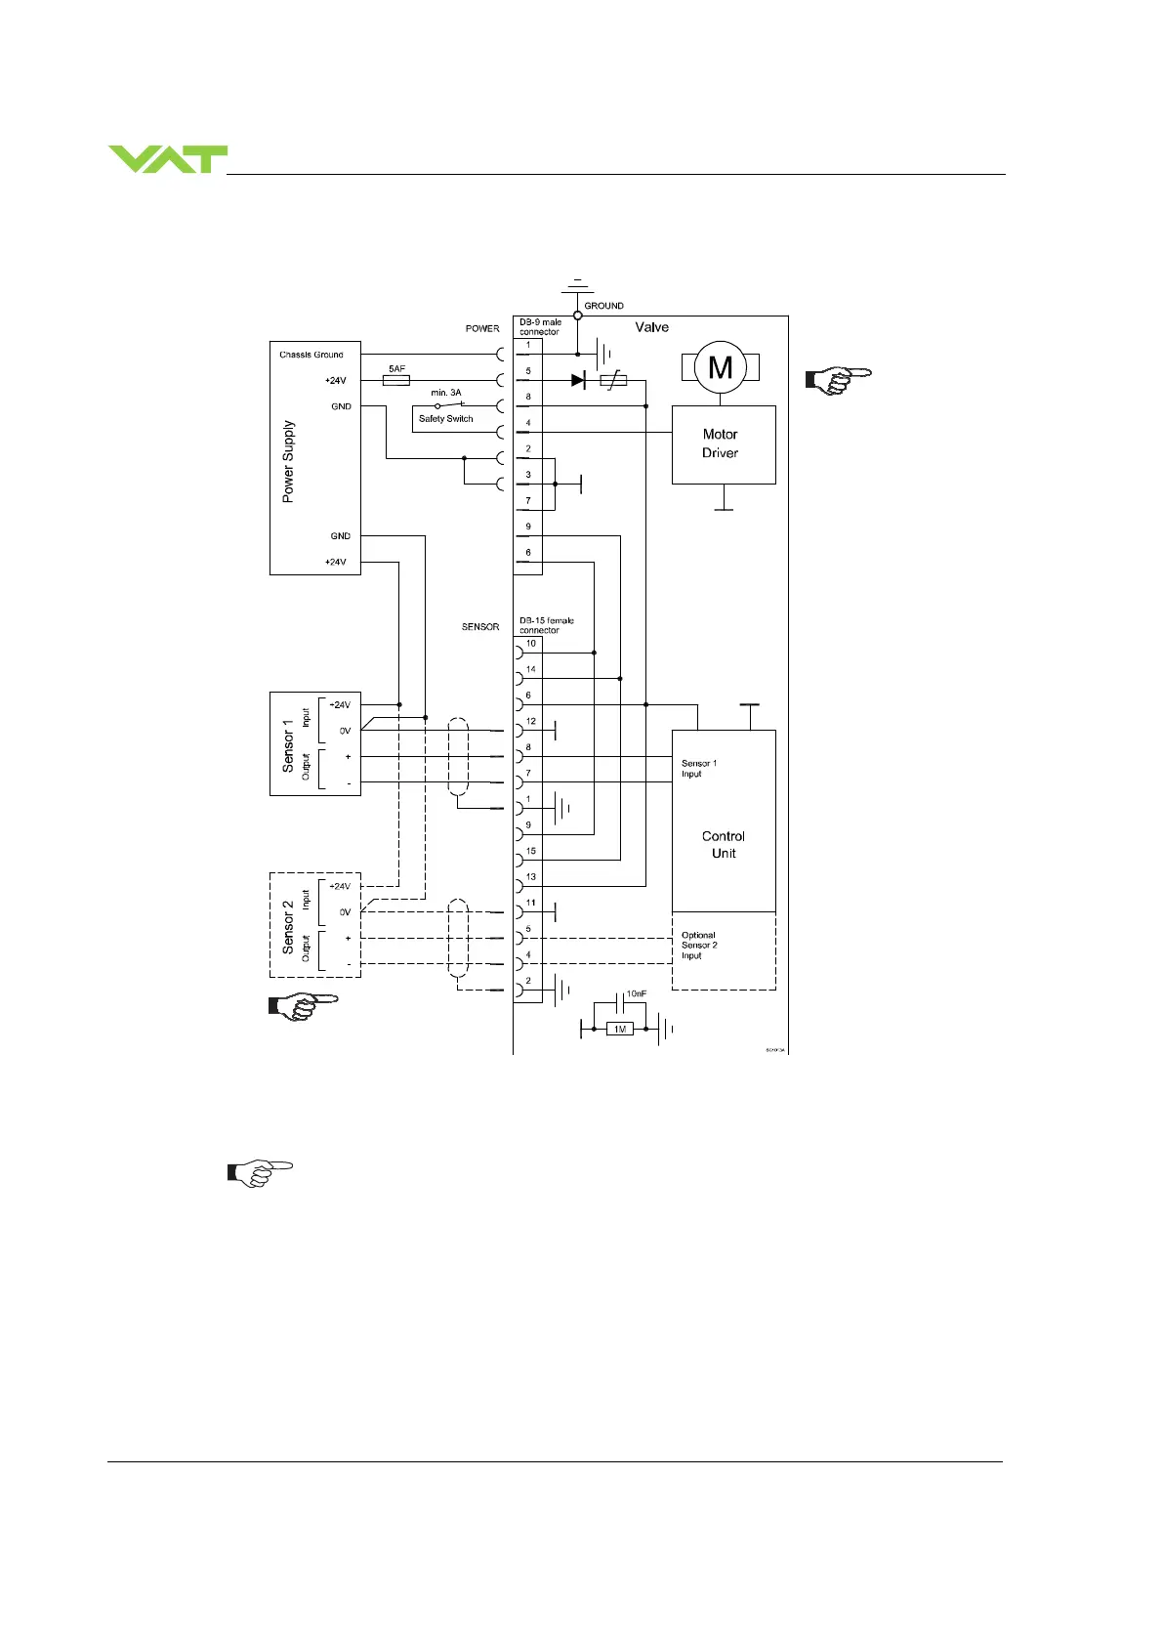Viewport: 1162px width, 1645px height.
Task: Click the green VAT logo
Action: tap(167, 159)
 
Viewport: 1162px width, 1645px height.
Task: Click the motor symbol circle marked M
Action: tap(720, 367)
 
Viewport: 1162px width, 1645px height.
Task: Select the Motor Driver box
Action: tap(723, 444)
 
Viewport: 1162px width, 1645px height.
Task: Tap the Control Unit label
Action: tap(723, 844)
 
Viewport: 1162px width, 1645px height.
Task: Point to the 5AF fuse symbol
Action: tap(396, 380)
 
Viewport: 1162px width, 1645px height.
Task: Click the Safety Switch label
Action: tap(445, 418)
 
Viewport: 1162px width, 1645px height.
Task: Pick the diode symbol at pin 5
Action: tap(578, 380)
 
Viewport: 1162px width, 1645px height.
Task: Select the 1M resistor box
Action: tap(619, 1029)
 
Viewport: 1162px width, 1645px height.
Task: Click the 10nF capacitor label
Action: tap(636, 993)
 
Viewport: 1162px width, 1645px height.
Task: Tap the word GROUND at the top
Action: tap(603, 306)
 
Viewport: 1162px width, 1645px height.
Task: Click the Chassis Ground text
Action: tap(311, 355)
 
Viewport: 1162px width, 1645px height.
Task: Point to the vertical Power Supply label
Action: tap(288, 461)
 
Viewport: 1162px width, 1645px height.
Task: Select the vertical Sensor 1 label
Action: tap(288, 745)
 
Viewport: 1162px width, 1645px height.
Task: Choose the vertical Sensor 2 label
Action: tap(288, 927)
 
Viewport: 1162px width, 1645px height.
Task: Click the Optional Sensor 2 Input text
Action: tap(699, 946)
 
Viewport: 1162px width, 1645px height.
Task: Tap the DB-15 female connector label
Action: tap(547, 625)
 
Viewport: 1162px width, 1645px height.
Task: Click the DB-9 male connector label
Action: tap(540, 326)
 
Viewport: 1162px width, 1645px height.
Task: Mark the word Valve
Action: tap(651, 327)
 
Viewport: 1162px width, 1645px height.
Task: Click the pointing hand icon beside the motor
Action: tap(837, 380)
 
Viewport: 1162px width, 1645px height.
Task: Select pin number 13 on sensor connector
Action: tap(530, 876)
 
